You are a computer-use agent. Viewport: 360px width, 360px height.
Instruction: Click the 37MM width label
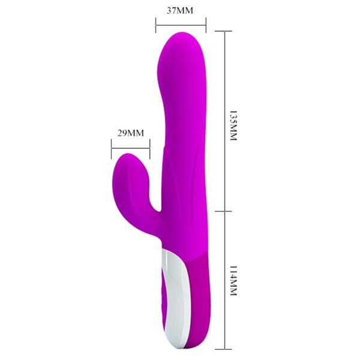tap(181, 11)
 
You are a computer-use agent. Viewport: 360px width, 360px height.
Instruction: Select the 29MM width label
tap(129, 133)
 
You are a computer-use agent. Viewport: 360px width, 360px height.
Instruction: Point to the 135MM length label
tap(235, 125)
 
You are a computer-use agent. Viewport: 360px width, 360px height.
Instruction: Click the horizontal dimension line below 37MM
tap(181, 25)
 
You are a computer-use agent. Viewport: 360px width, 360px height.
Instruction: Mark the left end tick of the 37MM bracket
tap(155, 25)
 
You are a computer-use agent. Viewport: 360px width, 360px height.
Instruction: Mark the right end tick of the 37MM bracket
tap(206, 25)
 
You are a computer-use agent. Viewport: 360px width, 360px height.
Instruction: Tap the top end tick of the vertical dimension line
tap(224, 31)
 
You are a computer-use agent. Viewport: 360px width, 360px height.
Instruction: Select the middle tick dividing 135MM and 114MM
tap(224, 211)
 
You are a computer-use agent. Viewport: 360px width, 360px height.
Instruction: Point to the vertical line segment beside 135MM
tap(224, 120)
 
